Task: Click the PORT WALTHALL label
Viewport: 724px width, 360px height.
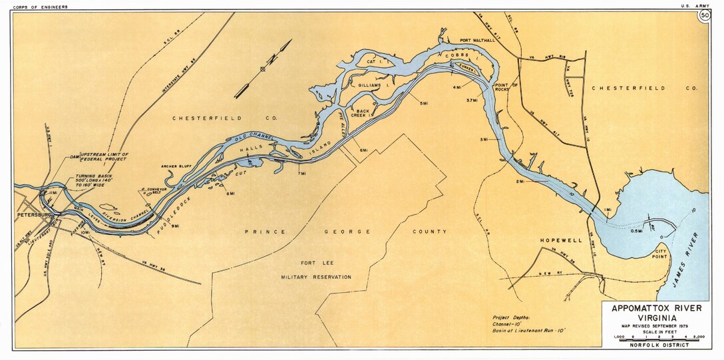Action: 477,41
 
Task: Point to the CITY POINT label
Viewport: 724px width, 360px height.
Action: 660,256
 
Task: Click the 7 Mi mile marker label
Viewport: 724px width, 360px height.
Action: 301,174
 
